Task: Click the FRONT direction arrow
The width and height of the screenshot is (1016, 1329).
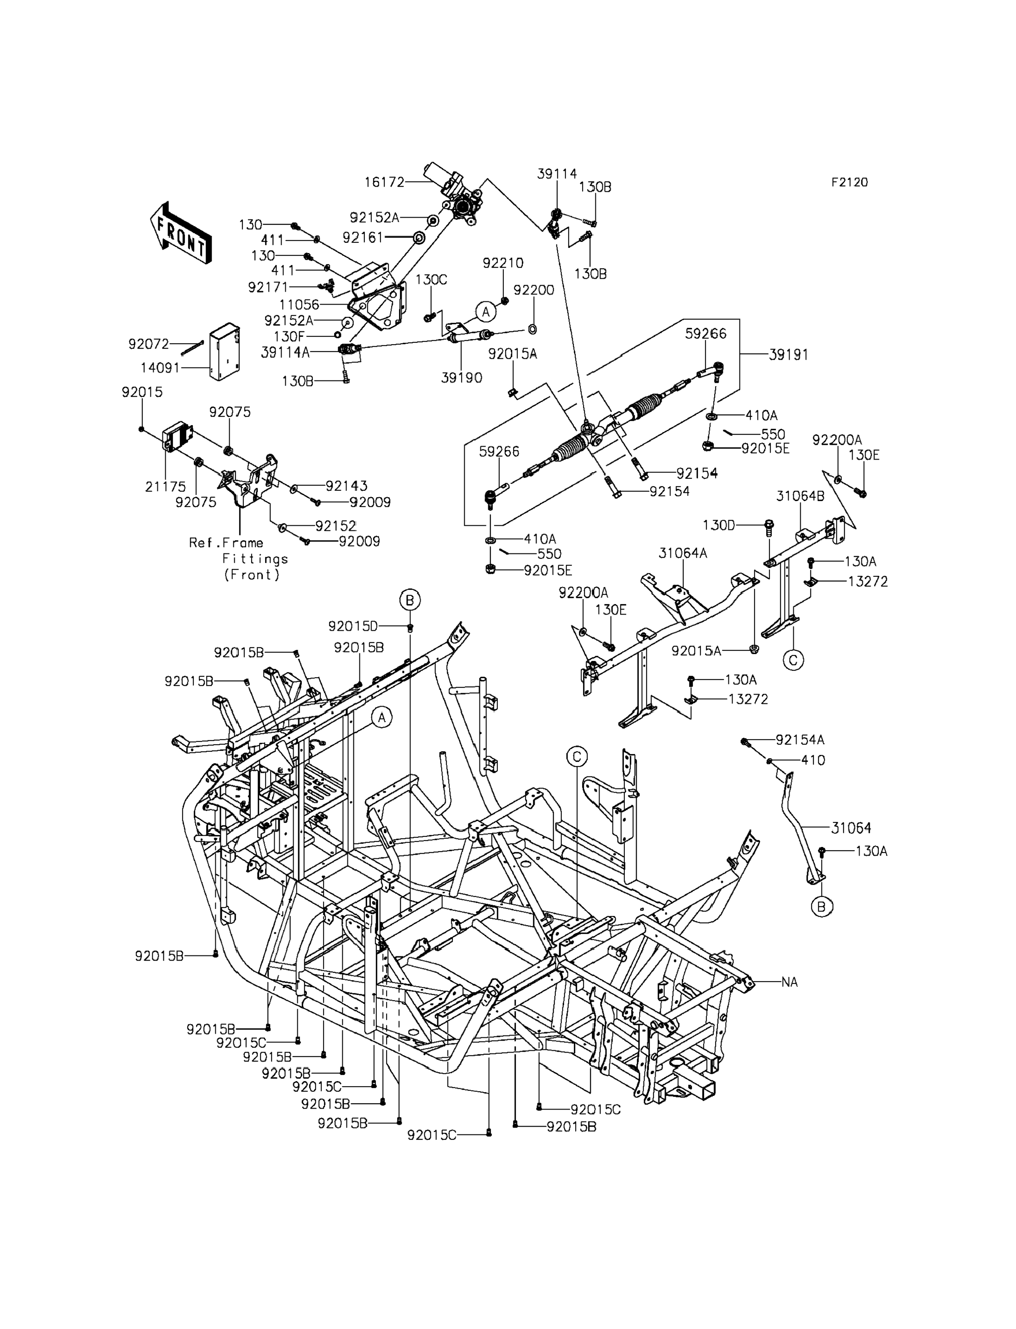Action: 181,233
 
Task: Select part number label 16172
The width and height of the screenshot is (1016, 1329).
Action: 384,182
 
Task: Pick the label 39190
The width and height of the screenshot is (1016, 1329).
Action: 462,378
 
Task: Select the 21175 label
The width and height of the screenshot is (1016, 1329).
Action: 165,486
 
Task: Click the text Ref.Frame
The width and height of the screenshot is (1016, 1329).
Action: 226,542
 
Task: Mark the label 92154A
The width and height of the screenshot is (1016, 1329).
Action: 800,739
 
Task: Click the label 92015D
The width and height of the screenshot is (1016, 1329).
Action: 352,626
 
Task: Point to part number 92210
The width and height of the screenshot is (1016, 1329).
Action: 503,263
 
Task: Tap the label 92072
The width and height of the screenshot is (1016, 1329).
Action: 149,344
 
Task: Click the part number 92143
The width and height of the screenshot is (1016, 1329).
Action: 346,485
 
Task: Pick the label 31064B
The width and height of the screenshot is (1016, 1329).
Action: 800,496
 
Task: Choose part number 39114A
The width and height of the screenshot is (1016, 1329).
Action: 285,352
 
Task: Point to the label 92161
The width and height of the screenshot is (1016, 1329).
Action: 363,238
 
